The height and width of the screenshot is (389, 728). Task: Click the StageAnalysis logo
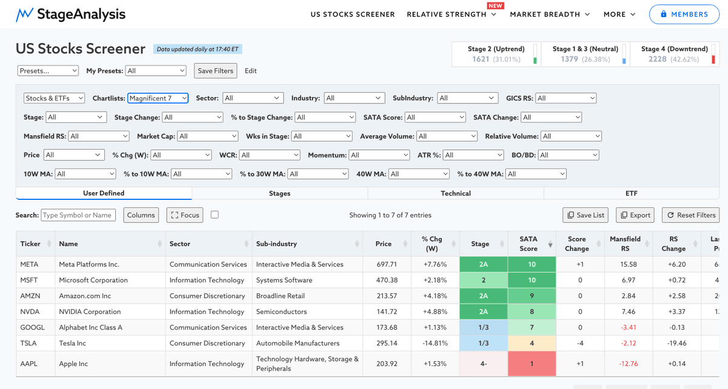[x=70, y=15]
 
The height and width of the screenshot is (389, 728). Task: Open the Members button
[x=684, y=15]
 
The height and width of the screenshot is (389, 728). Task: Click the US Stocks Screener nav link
[x=352, y=15]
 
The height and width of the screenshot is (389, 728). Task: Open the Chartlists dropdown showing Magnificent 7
[x=158, y=98]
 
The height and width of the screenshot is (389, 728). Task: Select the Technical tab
[x=456, y=193]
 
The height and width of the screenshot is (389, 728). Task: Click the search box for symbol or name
[x=78, y=215]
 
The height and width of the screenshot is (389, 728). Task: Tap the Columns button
[x=141, y=215]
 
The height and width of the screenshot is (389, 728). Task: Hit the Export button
[x=635, y=215]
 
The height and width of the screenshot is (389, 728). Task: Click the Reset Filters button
[x=690, y=215]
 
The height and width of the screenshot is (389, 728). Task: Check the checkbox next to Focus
[x=215, y=214]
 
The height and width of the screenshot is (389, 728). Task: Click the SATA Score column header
[x=528, y=244]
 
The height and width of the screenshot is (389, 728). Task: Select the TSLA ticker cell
[x=29, y=343]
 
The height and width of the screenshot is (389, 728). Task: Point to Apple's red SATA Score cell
[x=531, y=364]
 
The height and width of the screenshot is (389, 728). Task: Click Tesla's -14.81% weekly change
[x=435, y=343]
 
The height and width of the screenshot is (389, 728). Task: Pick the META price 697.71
[x=387, y=264]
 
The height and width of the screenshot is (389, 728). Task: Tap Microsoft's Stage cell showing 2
[x=484, y=280]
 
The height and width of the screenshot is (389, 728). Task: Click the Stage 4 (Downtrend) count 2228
[x=658, y=59]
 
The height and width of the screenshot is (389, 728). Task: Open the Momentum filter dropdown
[x=379, y=155]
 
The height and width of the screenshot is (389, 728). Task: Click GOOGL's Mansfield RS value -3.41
[x=629, y=327]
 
